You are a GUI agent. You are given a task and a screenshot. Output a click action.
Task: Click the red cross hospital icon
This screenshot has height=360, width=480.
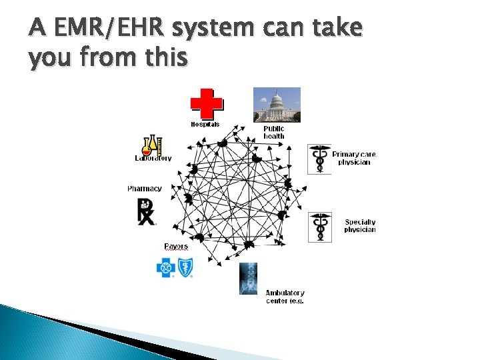[x=207, y=103]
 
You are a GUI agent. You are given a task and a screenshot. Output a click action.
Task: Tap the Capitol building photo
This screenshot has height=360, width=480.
[x=277, y=105]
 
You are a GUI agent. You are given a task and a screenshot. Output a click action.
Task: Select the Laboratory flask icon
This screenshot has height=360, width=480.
[x=152, y=145]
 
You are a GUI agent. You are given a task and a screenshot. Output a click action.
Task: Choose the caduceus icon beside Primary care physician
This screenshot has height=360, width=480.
[x=319, y=159]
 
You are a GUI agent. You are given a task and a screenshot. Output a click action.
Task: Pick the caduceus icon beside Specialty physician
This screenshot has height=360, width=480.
[x=320, y=227]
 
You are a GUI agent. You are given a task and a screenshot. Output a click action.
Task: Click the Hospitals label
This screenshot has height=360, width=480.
[x=205, y=124]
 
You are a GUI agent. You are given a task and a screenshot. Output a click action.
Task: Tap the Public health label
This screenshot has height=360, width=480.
[x=273, y=132]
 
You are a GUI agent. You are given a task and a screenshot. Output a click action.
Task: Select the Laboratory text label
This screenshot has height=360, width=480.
[x=153, y=159]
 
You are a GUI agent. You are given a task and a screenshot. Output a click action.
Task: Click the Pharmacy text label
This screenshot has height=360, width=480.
[x=145, y=189]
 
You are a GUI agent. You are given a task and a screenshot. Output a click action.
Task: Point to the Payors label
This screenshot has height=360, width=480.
[x=176, y=247]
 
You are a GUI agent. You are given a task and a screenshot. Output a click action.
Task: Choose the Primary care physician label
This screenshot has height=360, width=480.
[x=354, y=158]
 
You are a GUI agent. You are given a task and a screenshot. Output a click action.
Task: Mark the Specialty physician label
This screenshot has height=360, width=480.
[x=360, y=226]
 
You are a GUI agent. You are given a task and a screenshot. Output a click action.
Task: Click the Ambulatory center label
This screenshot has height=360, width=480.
[x=285, y=297]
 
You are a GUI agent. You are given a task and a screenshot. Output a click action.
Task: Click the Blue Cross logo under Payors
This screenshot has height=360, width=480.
[x=165, y=268]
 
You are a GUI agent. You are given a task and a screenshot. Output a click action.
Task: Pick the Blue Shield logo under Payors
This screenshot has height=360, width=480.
[x=185, y=268]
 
